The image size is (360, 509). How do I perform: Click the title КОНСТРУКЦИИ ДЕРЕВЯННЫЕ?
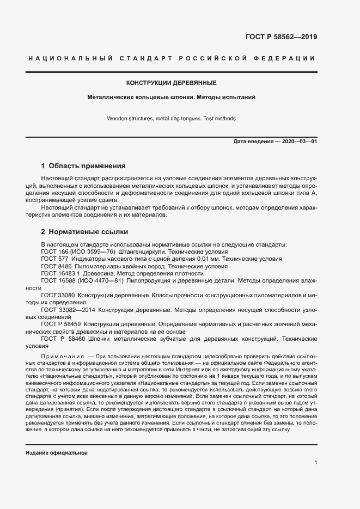click(x=172, y=83)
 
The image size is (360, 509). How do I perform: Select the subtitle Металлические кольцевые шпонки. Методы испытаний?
click(x=172, y=97)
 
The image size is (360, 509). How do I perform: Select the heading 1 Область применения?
click(x=83, y=166)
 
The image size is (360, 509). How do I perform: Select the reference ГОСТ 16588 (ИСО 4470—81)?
click(x=82, y=281)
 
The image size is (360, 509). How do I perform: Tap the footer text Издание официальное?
click(x=57, y=453)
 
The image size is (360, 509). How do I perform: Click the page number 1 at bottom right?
click(x=316, y=462)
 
